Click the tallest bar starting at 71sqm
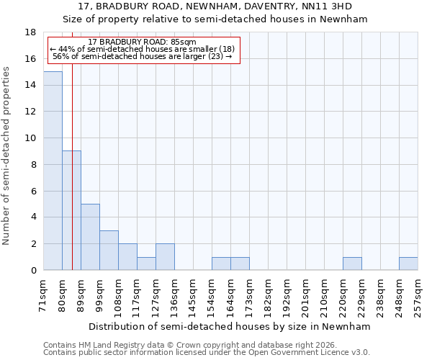tap(53, 171)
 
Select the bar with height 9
tap(71, 210)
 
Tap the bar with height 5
tap(90, 237)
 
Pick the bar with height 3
tap(109, 250)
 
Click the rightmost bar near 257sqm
tap(408, 264)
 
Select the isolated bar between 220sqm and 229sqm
tap(352, 264)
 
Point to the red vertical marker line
tap(72, 144)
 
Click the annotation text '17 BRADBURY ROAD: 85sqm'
tap(142, 42)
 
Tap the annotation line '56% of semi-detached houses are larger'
tap(142, 56)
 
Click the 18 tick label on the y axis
tap(30, 32)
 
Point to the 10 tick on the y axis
tap(30, 138)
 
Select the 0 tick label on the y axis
tap(33, 271)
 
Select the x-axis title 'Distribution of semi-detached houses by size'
tap(230, 326)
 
